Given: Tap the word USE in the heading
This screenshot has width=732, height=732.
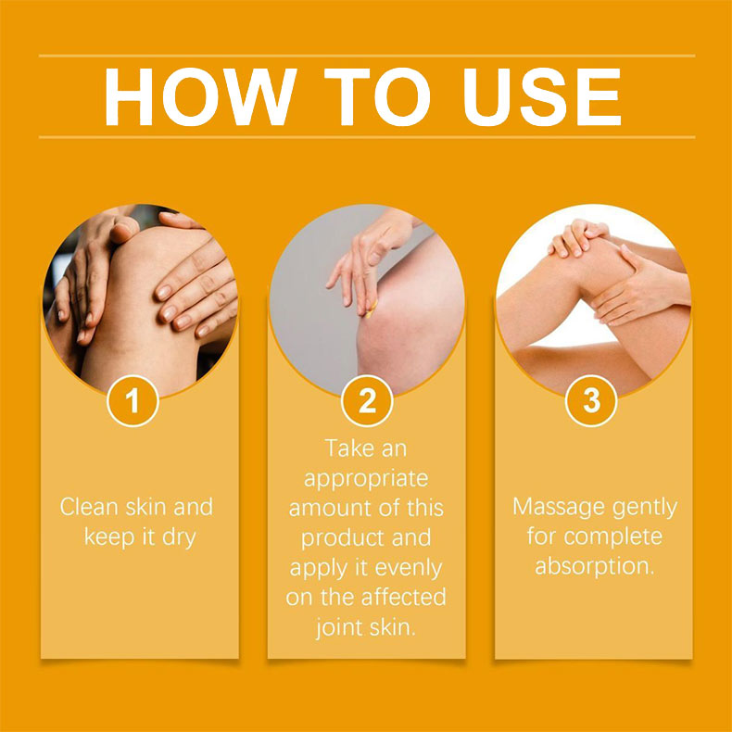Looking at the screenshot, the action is pos(541,96).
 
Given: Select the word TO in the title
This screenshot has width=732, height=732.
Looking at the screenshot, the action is pos(377,96).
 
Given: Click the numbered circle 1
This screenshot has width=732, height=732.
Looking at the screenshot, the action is pos(133,401).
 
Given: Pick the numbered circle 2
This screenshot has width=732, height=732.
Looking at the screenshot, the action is pos(367,401).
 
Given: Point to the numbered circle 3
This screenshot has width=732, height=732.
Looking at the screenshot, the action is pos(591,401).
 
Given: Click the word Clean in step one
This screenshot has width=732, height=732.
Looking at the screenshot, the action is pos(89,507).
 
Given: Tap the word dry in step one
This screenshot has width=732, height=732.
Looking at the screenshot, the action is pos(179,538).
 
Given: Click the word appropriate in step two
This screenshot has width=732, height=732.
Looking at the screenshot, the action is pos(366,479).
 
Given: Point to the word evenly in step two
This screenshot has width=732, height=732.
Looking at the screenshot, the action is pos(408,569).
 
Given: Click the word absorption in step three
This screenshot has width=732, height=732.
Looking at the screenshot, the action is pos(593,567).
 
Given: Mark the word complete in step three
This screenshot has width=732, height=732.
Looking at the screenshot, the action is pos(613,537).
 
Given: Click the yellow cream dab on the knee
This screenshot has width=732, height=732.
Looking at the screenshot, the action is pos(372,309).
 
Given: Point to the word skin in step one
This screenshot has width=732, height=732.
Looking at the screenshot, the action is pos(145,507).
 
